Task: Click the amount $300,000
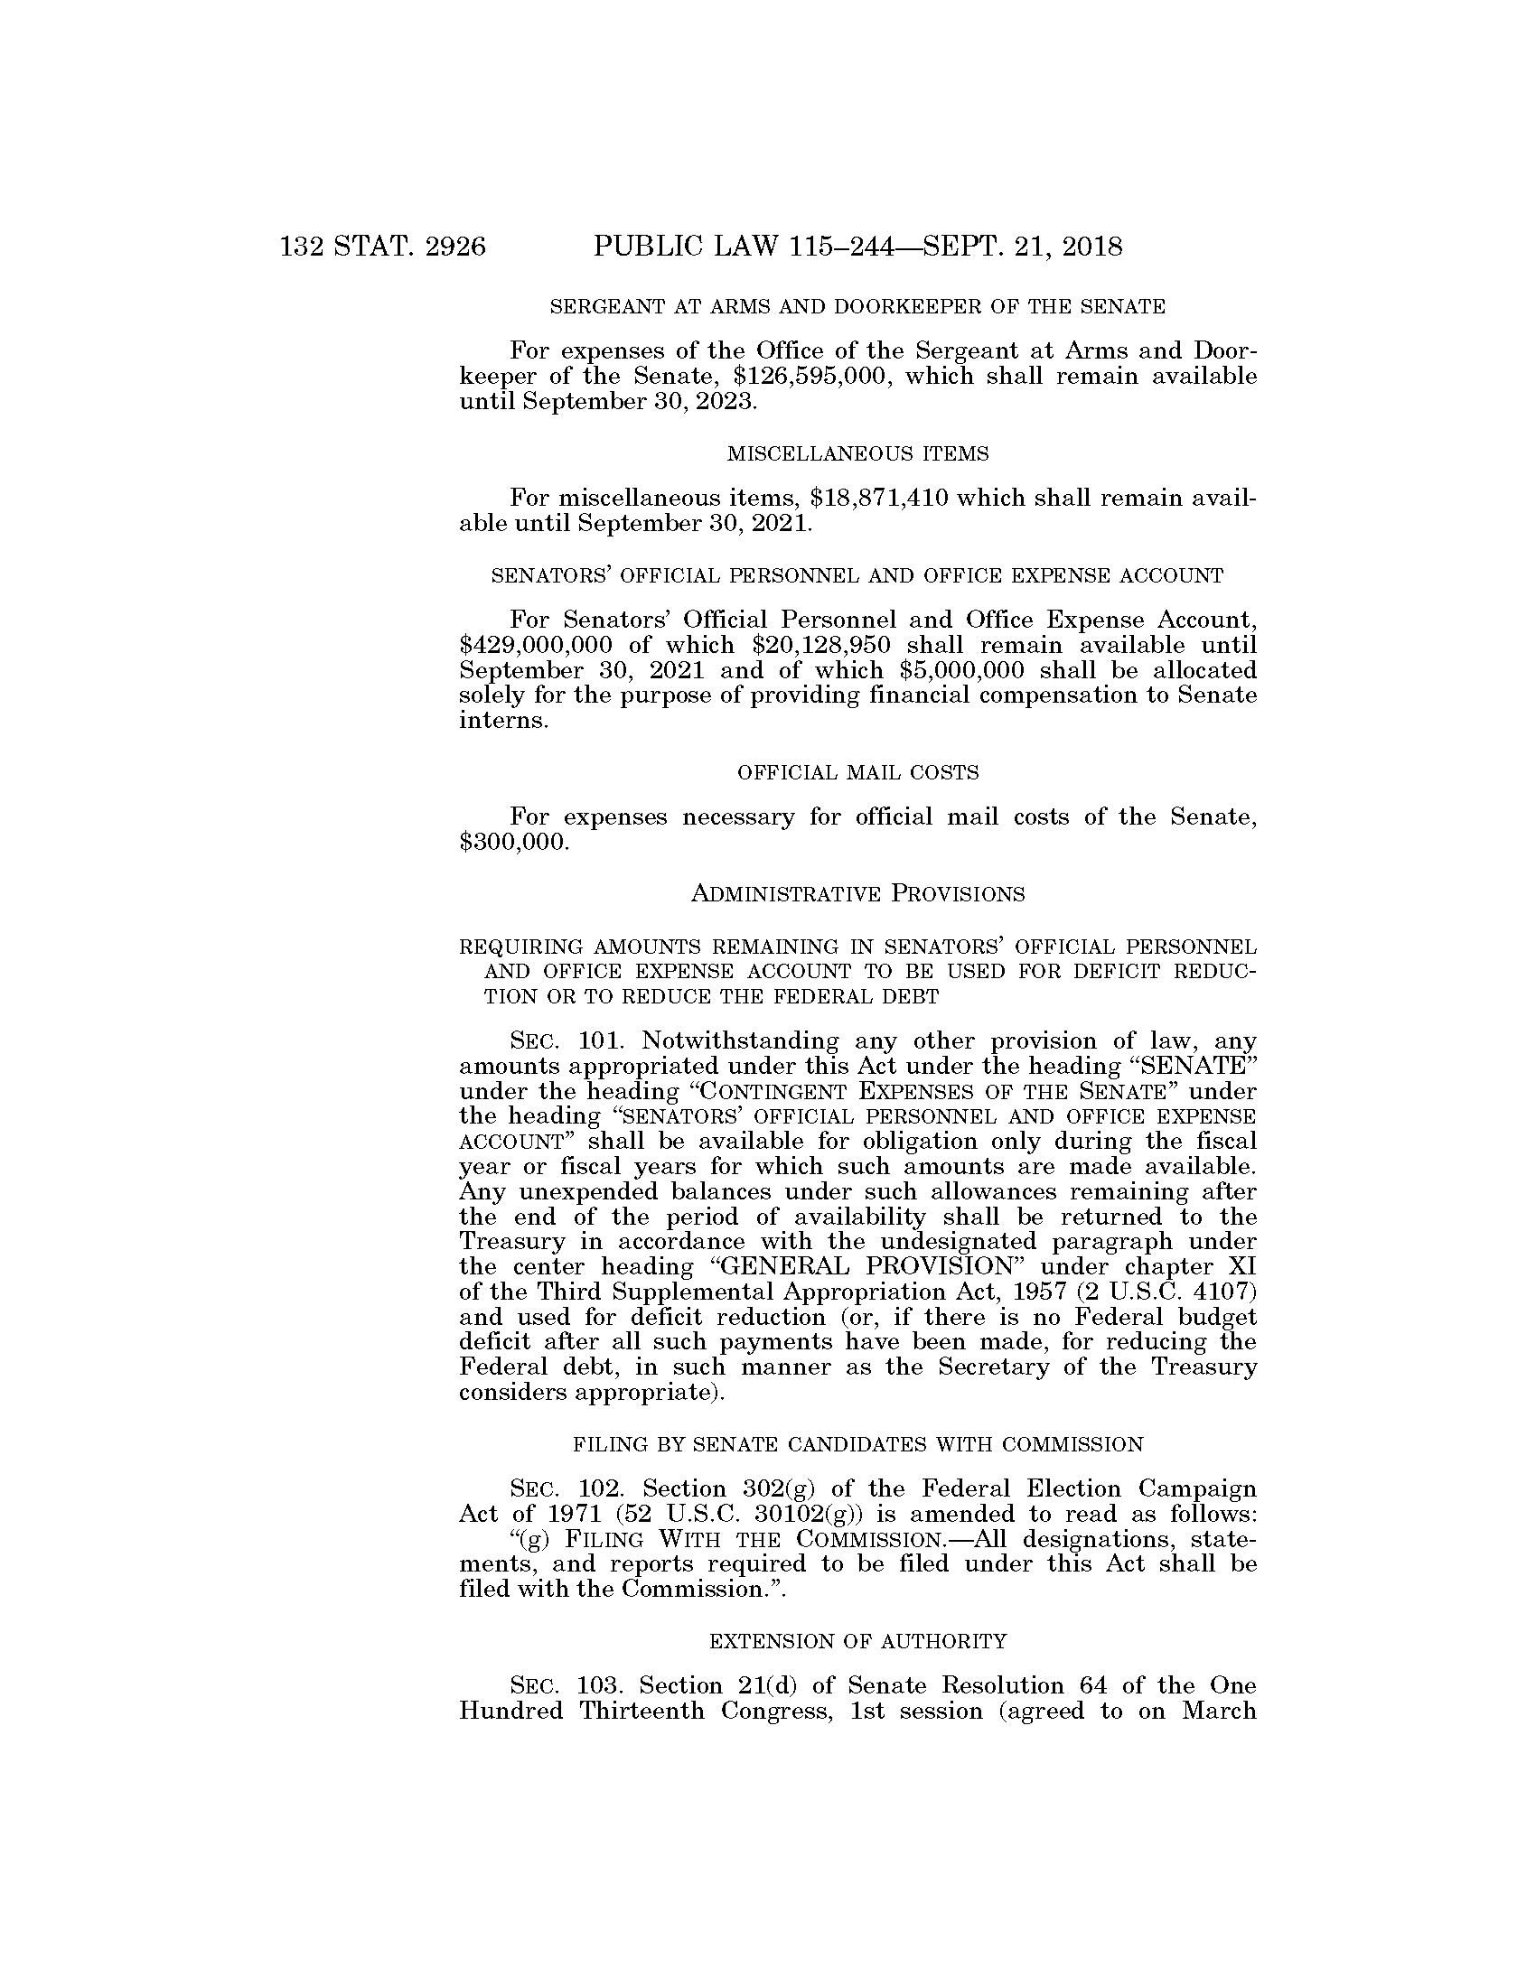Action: click(x=514, y=842)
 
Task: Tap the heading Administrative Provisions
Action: click(x=857, y=893)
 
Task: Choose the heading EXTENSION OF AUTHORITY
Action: click(x=857, y=1641)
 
